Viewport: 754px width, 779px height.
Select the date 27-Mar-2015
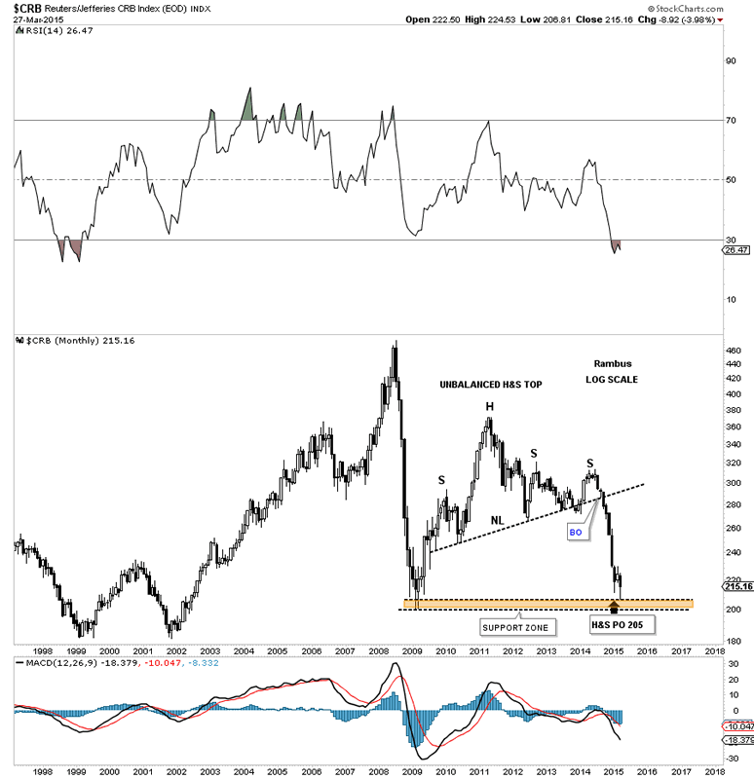coord(32,19)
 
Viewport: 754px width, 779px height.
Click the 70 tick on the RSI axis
coord(732,121)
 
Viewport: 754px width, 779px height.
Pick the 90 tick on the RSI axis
coord(732,60)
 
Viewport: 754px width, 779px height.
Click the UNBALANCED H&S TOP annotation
coord(490,386)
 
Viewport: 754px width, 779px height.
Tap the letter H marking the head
coord(490,407)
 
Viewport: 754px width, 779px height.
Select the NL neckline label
coord(497,520)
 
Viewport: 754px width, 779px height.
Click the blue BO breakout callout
coord(575,533)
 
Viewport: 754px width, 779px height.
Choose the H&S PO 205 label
coord(614,620)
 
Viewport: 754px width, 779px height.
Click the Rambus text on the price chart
coord(611,363)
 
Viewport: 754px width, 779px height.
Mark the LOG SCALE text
coord(611,379)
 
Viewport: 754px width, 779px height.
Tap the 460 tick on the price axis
coord(734,351)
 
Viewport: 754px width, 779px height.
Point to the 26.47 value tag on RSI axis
coord(735,250)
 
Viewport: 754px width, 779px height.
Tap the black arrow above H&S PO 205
coord(614,607)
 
